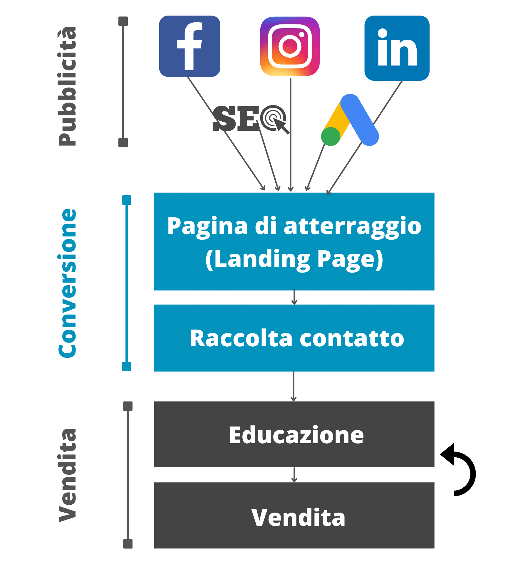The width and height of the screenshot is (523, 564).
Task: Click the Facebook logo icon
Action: (x=190, y=46)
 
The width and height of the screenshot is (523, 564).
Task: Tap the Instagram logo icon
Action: (x=290, y=46)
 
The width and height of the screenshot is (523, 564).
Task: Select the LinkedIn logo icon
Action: (x=397, y=48)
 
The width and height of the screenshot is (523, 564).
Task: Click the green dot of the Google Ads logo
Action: (x=331, y=136)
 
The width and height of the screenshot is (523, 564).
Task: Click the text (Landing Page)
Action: (x=294, y=259)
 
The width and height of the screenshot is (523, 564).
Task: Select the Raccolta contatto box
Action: (x=294, y=338)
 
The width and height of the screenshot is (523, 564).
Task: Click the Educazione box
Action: (x=294, y=434)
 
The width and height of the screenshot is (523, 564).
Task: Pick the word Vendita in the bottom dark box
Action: (x=298, y=518)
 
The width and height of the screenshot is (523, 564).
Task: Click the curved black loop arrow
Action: (x=460, y=470)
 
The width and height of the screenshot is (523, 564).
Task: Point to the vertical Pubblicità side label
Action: (x=67, y=87)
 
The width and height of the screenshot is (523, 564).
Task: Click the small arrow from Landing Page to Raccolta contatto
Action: (x=294, y=297)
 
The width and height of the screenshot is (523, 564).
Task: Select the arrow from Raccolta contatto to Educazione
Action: (x=293, y=386)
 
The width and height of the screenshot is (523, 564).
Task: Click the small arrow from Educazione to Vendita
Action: (x=294, y=475)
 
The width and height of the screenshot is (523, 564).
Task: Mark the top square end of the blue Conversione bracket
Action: (x=127, y=200)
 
